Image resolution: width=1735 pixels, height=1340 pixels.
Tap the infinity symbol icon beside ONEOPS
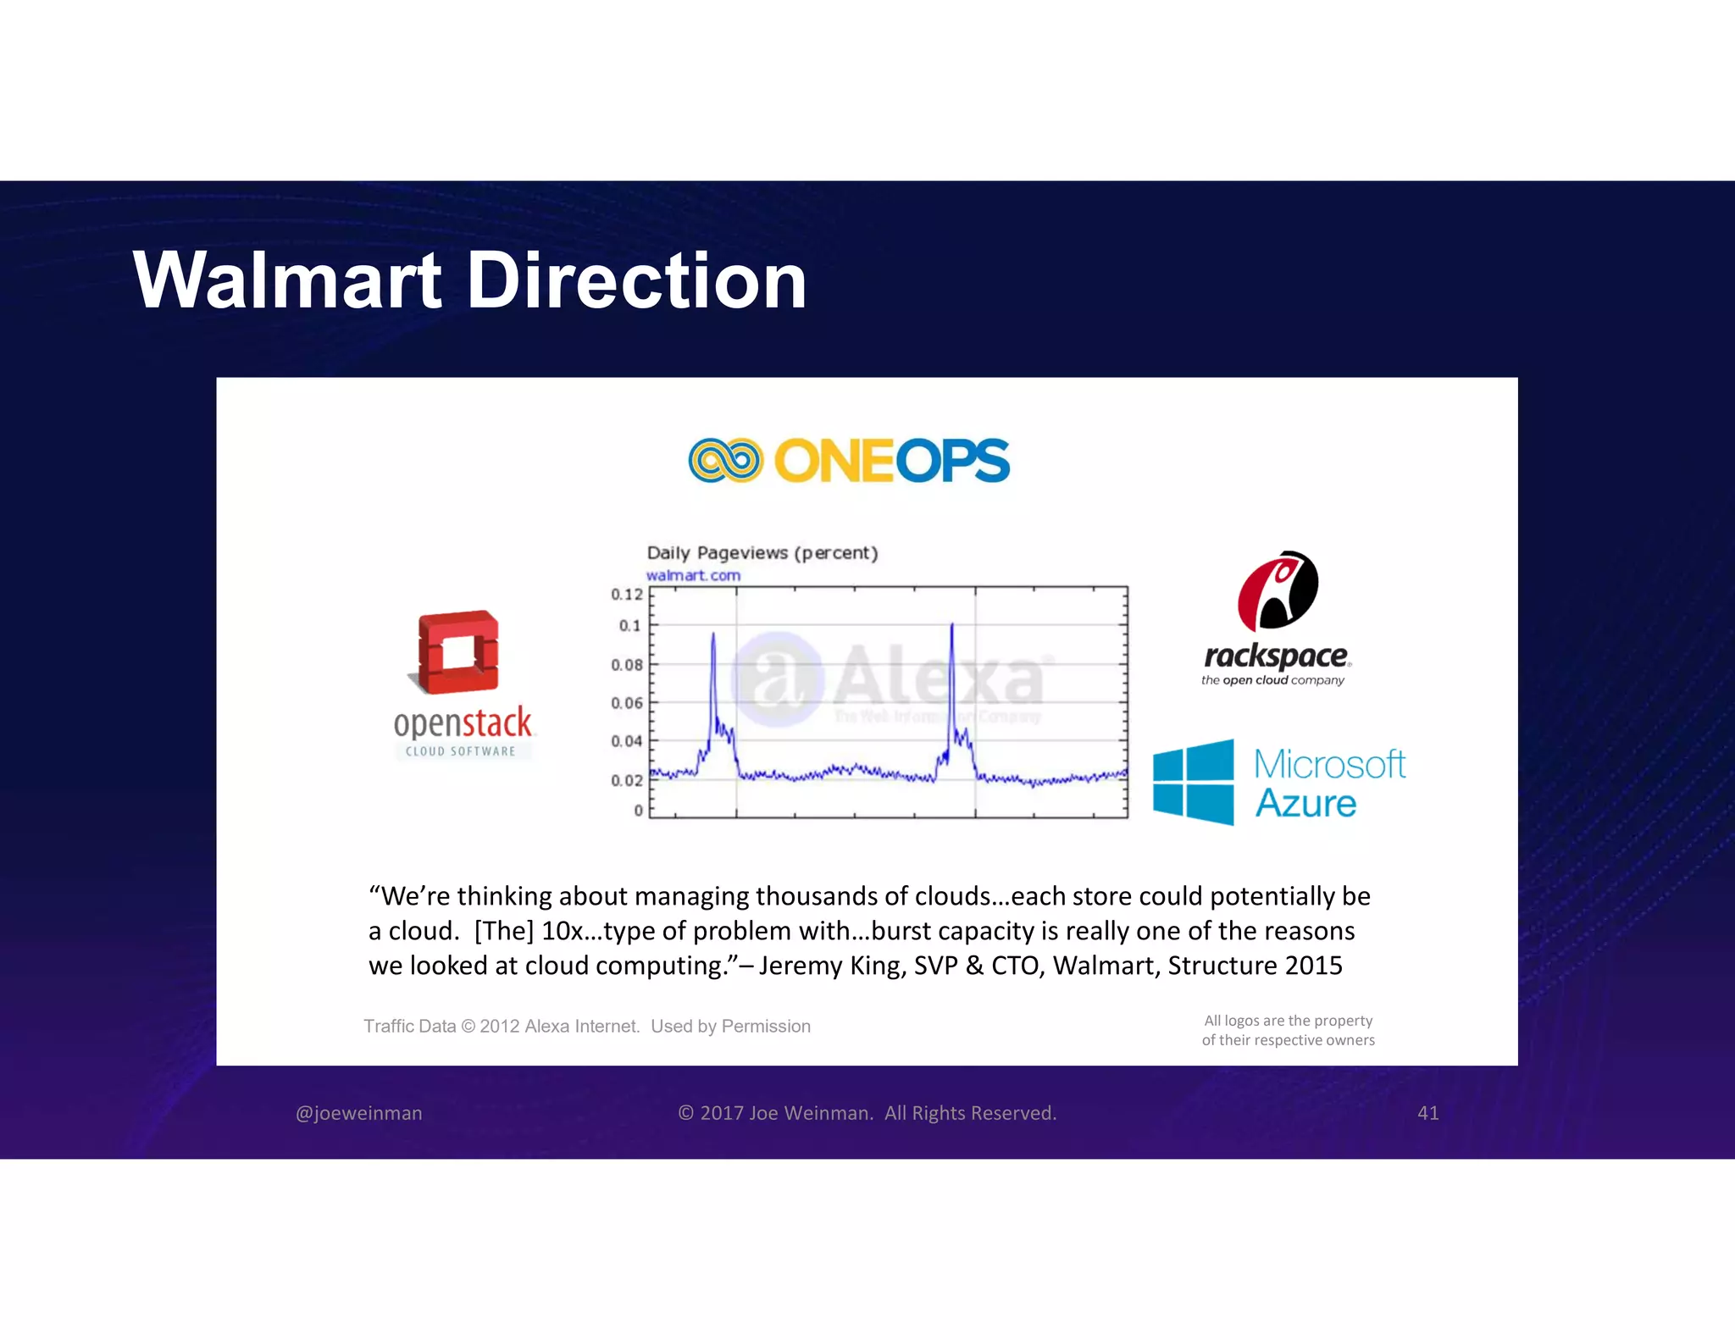click(725, 461)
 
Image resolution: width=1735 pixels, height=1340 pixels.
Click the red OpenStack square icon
click(458, 651)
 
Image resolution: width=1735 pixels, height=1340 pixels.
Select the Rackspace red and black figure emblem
click(1278, 591)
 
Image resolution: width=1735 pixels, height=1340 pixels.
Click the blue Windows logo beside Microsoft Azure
click(1194, 782)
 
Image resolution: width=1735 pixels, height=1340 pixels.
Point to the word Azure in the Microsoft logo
click(1305, 803)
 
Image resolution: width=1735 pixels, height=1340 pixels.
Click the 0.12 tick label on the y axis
click(627, 595)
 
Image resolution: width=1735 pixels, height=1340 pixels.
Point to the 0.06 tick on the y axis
click(627, 703)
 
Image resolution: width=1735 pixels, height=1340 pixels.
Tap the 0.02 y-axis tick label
click(627, 780)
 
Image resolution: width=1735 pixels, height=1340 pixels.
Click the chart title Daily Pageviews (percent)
click(762, 553)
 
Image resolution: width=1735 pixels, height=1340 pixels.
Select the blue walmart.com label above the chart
click(693, 576)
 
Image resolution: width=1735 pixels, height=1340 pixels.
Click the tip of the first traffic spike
click(713, 634)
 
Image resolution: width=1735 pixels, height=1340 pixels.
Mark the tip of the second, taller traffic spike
click(952, 625)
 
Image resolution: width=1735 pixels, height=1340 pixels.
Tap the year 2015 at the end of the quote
click(1313, 966)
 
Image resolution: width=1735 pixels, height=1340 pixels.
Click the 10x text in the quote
click(560, 931)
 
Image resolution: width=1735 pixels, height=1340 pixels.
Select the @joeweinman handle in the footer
click(359, 1113)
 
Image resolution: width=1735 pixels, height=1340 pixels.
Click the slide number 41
click(1428, 1113)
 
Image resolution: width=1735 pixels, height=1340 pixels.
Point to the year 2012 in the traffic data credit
click(499, 1027)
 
